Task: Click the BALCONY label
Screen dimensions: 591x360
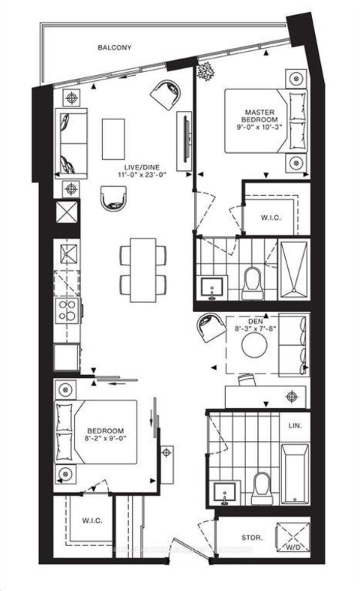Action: click(x=115, y=47)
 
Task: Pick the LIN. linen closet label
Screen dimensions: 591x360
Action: click(x=295, y=425)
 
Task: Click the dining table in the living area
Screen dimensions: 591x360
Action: click(x=142, y=270)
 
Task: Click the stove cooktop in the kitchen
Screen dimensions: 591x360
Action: click(x=67, y=309)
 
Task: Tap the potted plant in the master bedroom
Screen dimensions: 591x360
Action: click(x=204, y=72)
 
